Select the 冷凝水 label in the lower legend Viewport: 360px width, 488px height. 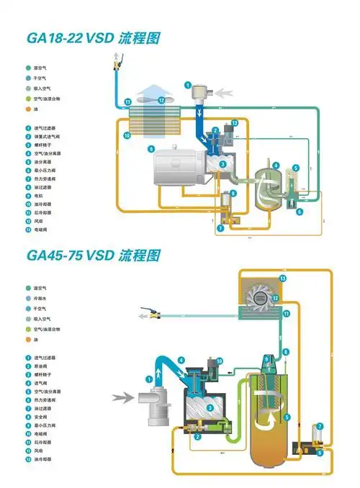pyautogui.click(x=42, y=298)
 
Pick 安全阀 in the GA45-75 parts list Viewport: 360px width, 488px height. pyautogui.click(x=42, y=416)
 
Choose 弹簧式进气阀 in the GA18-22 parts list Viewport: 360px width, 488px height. pyautogui.click(x=48, y=135)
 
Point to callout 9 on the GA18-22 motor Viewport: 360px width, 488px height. pyautogui.click(x=151, y=149)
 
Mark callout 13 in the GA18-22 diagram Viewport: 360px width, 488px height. pyautogui.click(x=235, y=124)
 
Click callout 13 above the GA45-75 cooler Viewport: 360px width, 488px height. pyautogui.click(x=283, y=278)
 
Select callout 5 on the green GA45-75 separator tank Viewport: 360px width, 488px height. pyautogui.click(x=287, y=416)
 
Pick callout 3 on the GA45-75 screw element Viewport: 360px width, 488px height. pyautogui.click(x=210, y=408)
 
